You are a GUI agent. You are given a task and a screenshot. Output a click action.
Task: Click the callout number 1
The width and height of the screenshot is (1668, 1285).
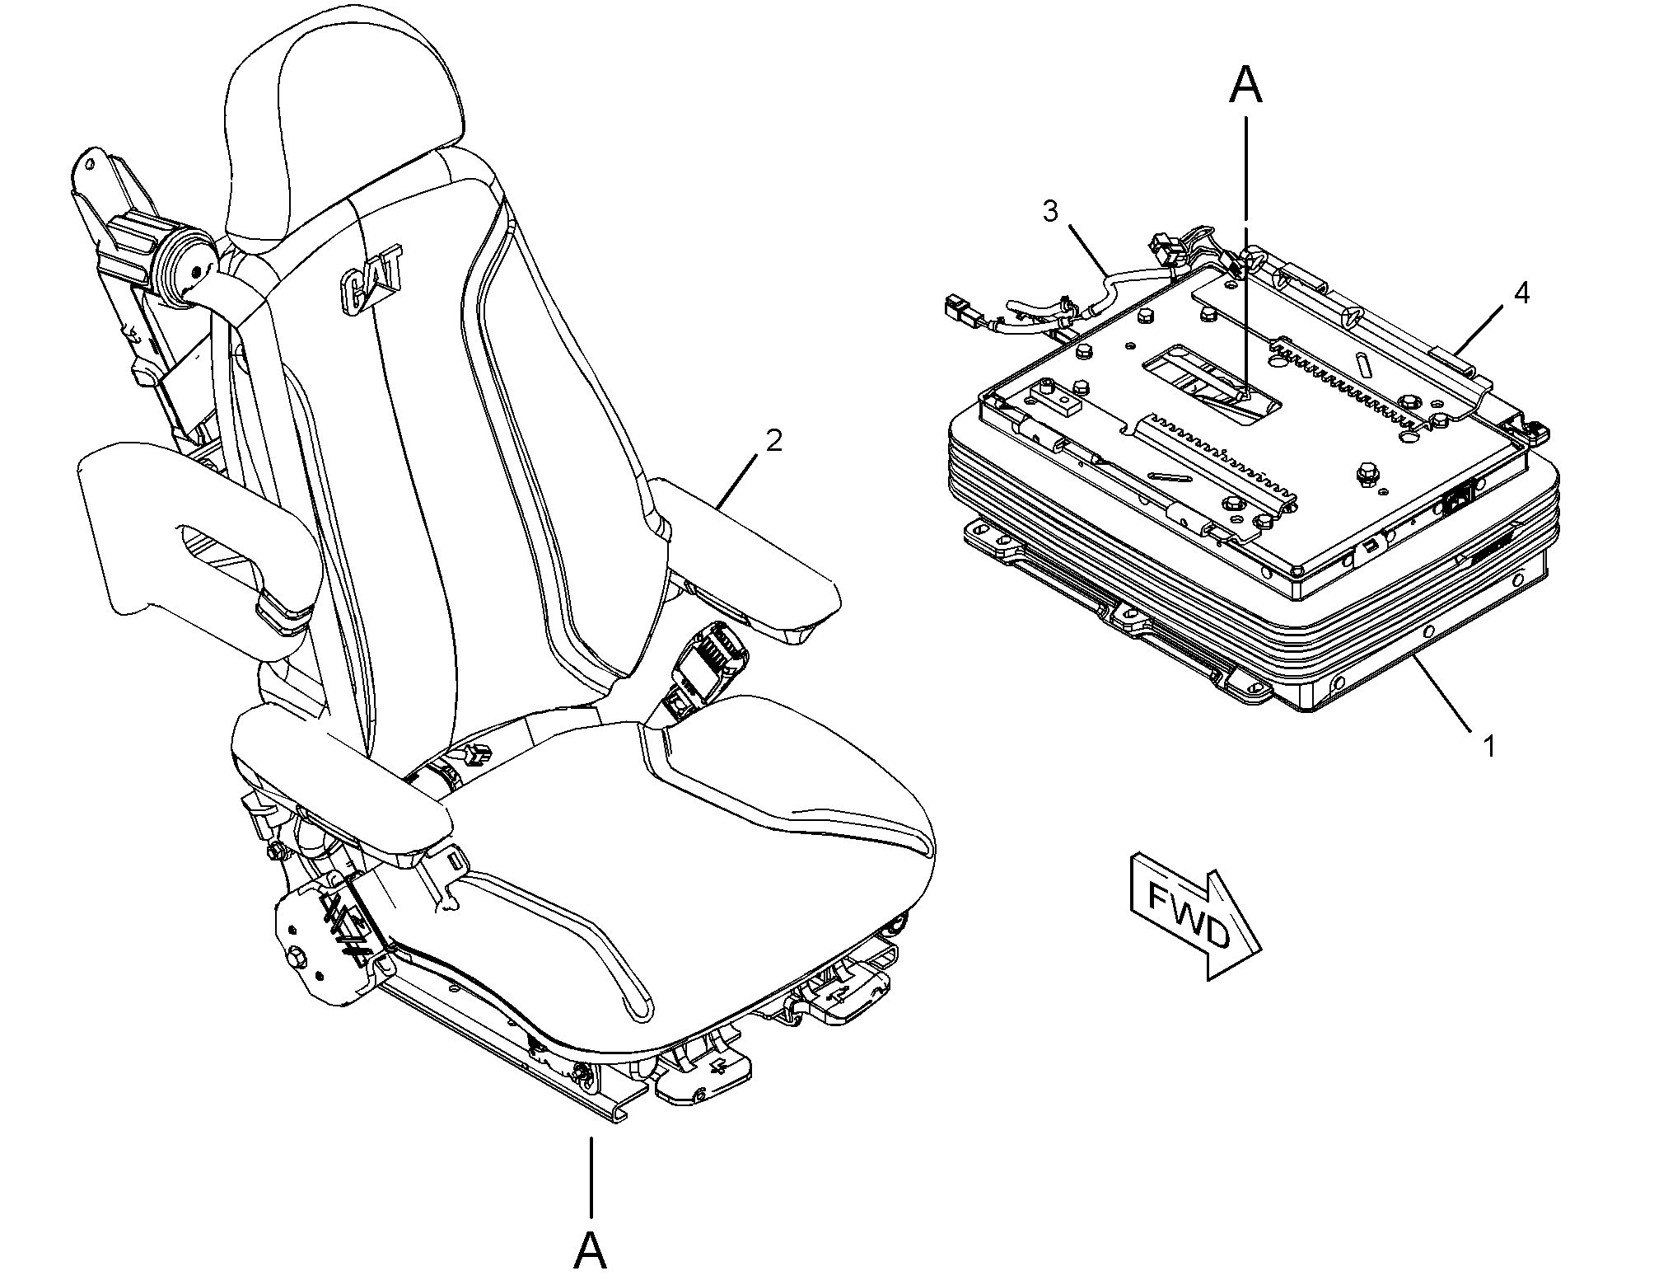[1488, 746]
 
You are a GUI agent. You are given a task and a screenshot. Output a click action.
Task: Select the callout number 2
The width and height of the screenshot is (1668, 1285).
[773, 441]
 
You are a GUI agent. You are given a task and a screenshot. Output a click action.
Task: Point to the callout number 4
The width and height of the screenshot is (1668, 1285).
[1521, 292]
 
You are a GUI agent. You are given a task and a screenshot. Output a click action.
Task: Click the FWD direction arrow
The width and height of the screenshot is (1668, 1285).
[1195, 916]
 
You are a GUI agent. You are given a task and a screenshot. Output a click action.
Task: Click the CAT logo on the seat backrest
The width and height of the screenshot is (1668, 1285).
[371, 279]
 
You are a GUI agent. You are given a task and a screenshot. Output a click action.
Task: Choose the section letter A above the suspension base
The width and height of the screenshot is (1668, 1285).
[1245, 86]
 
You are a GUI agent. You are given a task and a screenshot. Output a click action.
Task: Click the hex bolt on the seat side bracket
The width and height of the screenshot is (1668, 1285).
[297, 957]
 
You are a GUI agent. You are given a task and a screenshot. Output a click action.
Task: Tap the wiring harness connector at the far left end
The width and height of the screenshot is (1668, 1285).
[955, 310]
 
